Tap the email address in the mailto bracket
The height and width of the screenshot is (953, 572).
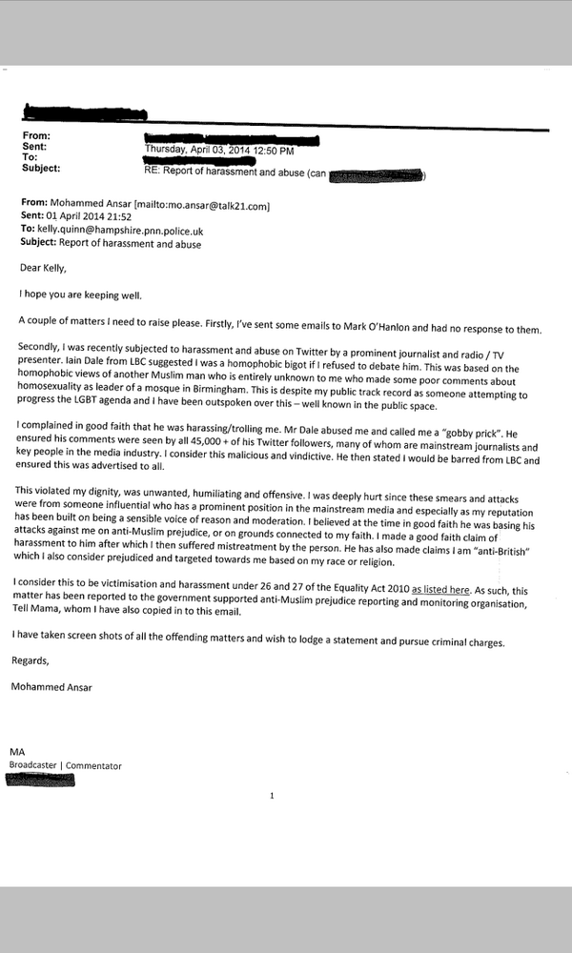pos(217,205)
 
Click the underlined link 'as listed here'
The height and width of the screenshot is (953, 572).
pos(440,590)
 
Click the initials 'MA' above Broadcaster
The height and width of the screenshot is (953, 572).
pos(17,753)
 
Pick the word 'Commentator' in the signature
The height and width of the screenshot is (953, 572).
pos(93,765)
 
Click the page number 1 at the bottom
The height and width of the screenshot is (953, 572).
pos(272,795)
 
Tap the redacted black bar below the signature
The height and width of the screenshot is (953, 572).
pos(40,779)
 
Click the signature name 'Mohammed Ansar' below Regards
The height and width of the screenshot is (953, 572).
pos(59,685)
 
